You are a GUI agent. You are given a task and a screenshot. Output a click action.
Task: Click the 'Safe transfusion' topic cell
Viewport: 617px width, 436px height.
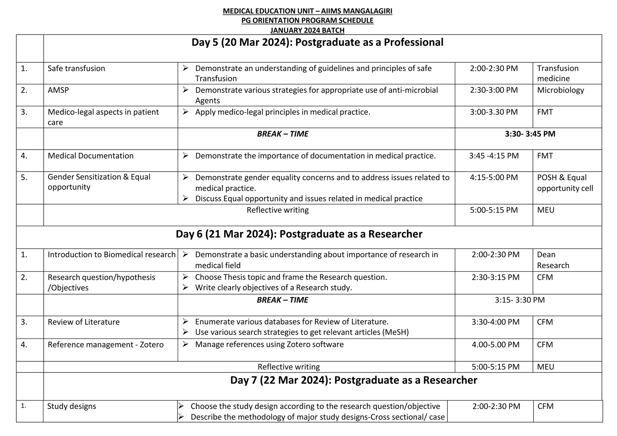[x=76, y=69]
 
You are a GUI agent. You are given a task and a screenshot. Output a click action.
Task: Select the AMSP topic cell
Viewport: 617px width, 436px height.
[x=58, y=90]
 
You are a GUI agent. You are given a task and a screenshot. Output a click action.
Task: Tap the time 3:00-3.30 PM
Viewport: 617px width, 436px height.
[x=493, y=112]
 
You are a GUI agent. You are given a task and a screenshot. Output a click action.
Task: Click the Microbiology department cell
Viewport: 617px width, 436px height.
[x=560, y=90]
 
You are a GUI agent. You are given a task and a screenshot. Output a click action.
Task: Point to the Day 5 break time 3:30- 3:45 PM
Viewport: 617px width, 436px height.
[x=530, y=134]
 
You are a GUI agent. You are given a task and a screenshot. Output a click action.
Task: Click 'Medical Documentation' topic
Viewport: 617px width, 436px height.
[x=90, y=156]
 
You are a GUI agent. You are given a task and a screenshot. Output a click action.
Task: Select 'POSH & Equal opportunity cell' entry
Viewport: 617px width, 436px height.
[x=565, y=183]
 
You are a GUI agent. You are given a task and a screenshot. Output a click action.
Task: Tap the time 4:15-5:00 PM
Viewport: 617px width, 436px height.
[x=493, y=178]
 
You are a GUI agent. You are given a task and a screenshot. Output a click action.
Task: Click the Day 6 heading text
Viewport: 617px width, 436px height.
[x=299, y=234]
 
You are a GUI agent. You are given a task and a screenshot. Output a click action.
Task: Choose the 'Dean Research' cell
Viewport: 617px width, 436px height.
[x=553, y=260]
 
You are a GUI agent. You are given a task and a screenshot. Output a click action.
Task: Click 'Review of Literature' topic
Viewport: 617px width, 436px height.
[x=83, y=322]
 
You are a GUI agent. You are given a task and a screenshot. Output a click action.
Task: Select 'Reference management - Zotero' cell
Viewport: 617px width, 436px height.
[x=105, y=345]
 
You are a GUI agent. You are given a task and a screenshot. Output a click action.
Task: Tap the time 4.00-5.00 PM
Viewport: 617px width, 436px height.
[x=495, y=345]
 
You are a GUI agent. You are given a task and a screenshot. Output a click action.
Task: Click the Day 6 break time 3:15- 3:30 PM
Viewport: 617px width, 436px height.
[x=520, y=300]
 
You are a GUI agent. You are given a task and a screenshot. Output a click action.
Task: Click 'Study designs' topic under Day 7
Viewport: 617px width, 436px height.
[x=71, y=406]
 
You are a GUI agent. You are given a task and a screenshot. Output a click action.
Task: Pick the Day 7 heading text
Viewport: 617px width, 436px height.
[x=353, y=380]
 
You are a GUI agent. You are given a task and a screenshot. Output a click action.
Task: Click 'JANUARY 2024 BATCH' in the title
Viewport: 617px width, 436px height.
[x=307, y=30]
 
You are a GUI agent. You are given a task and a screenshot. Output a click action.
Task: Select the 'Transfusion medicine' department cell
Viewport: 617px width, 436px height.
[x=557, y=73]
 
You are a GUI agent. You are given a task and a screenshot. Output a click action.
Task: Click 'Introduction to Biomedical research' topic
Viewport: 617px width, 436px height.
[x=111, y=255]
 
